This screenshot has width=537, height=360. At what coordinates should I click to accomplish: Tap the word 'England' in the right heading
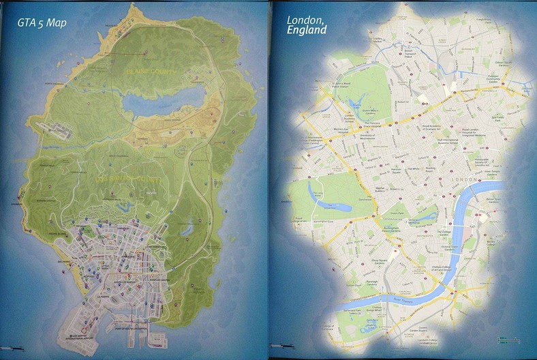(x=307, y=30)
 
